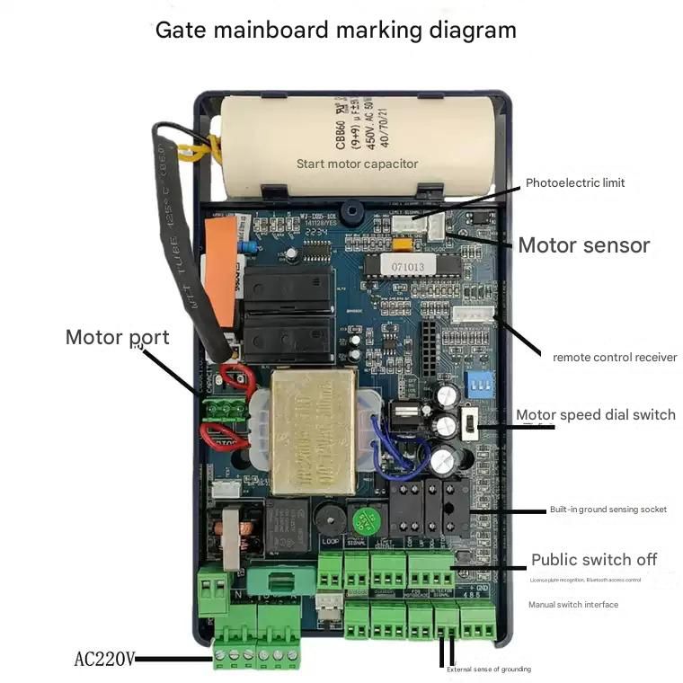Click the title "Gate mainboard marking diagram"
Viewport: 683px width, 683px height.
tap(335, 30)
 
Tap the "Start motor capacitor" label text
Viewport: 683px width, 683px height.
tap(357, 164)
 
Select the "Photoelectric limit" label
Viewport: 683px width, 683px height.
tap(574, 183)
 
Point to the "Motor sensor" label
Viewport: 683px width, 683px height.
tap(583, 244)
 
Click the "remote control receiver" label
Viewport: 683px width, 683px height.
tap(615, 357)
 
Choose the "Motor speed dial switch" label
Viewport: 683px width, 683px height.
tap(595, 414)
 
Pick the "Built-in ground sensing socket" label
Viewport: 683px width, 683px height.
tap(608, 510)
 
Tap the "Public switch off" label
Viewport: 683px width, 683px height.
tap(593, 560)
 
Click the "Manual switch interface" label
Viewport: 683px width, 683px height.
tap(572, 605)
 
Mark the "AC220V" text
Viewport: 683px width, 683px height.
tap(104, 660)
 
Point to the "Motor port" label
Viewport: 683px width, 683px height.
tap(117, 338)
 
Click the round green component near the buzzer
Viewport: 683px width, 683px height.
tap(363, 520)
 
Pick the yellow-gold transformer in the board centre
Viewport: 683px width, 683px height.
tap(314, 430)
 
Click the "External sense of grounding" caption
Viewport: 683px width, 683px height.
tap(489, 669)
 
